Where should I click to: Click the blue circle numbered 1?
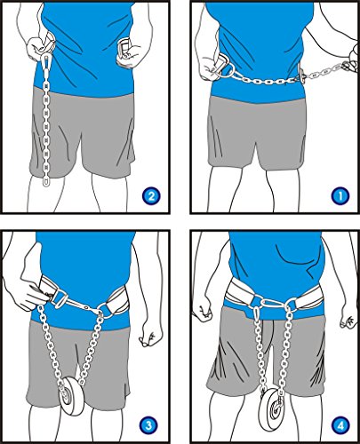(x=340, y=195)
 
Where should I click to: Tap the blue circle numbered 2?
(x=151, y=195)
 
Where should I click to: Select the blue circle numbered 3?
(x=148, y=426)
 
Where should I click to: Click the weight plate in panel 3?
(x=72, y=396)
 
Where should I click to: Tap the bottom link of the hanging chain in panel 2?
(x=46, y=181)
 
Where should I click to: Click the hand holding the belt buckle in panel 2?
(x=127, y=52)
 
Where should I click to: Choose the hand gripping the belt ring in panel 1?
(x=209, y=67)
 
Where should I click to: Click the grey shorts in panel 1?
(x=256, y=131)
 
